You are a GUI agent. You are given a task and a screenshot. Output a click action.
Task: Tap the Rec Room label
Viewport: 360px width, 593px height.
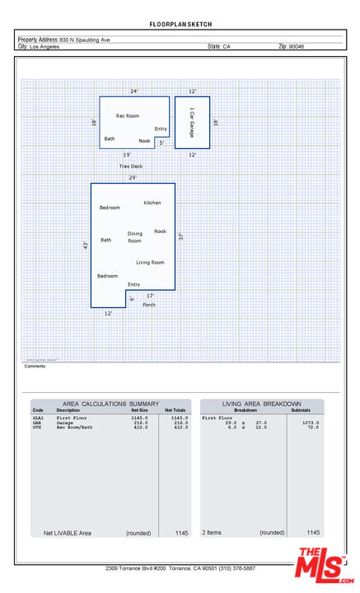127,116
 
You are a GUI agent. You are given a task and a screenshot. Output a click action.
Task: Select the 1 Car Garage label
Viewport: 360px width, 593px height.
192,122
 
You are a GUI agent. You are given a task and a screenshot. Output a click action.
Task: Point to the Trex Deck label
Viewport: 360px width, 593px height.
130,166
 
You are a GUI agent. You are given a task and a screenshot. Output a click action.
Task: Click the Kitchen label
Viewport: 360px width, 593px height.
152,203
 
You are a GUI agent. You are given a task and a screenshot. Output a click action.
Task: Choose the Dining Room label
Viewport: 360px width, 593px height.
134,237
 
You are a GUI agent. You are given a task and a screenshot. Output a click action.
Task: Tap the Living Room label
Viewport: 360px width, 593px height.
150,262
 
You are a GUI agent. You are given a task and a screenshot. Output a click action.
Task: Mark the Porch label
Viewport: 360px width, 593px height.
149,305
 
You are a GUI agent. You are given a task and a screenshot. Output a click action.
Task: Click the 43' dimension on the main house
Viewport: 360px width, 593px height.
85,245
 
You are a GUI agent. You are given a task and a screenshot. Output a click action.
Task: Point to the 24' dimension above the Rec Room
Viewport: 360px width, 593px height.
134,91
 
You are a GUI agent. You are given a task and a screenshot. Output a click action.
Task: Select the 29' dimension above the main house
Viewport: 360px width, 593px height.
133,177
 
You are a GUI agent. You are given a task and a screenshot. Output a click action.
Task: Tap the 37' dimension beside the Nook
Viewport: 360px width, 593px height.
180,236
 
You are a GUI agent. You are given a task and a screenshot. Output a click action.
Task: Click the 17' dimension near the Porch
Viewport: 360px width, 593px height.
150,295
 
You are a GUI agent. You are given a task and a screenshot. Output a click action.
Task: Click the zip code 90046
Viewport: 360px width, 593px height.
297,47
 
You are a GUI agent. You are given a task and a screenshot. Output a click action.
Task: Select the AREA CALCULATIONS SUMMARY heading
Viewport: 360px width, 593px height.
105,404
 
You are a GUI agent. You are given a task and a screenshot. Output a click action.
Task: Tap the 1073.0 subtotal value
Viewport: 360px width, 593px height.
311,423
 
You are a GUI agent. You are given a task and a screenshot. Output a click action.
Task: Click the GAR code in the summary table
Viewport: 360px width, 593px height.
37,423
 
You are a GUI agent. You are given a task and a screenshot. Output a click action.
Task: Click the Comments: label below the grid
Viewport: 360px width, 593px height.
35,366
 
